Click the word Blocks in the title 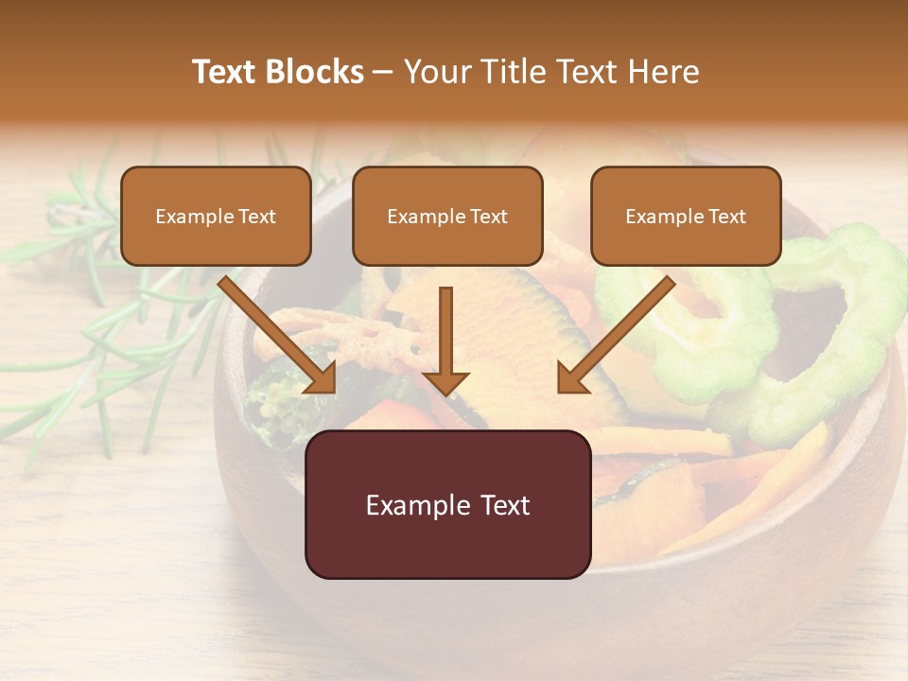pos(315,72)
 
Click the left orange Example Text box pos(216,216)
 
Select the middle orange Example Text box pos(447,216)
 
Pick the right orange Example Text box pos(686,216)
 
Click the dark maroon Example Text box pos(447,504)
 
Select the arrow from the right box pos(620,331)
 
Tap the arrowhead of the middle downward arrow pos(445,382)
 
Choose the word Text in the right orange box pos(726,217)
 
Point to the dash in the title pos(383,73)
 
